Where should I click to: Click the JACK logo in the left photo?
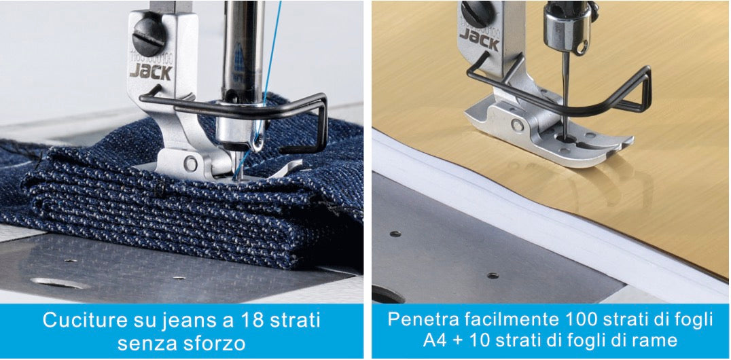(151, 71)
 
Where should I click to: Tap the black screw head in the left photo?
(149, 37)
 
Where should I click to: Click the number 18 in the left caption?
(238, 321)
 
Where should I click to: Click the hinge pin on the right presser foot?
(516, 124)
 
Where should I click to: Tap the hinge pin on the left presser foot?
(190, 163)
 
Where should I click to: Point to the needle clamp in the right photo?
(567, 29)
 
